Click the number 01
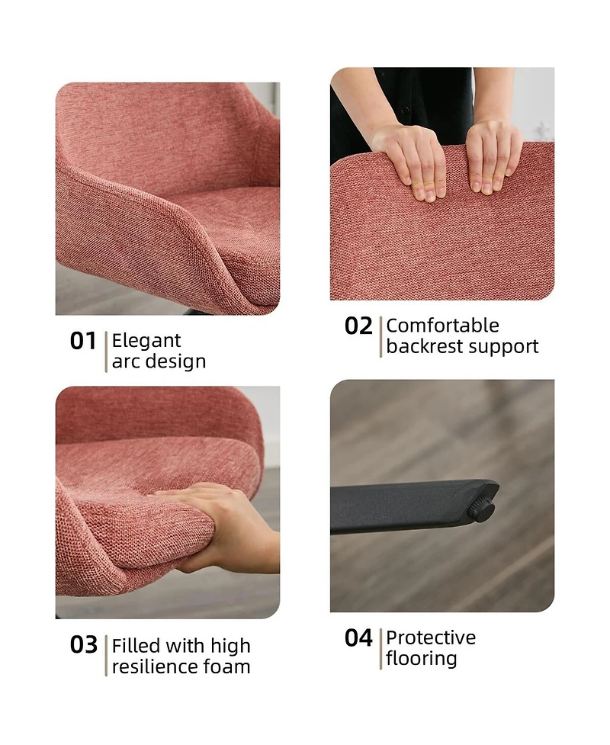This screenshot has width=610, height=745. coord(83,341)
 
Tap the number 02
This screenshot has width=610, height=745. coord(358,326)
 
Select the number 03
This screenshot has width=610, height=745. coord(84,645)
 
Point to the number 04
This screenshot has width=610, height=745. coord(358,638)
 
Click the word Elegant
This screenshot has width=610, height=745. coord(146,341)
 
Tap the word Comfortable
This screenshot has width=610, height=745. coord(443,326)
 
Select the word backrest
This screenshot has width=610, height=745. coord(424,346)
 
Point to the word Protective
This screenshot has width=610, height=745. coord(431,638)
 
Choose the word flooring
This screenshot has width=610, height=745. coord(422,659)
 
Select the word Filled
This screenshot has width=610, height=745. coord(136,646)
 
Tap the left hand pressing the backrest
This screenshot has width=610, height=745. coord(414,161)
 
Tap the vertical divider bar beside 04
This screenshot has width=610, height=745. coord(380,649)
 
